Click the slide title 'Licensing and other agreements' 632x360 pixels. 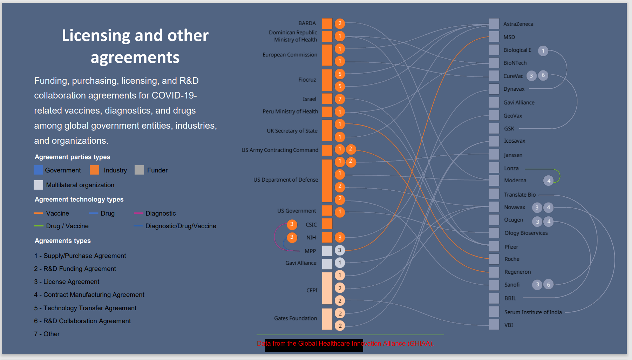(x=135, y=46)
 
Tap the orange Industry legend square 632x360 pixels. (x=94, y=170)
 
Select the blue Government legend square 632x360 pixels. (x=38, y=170)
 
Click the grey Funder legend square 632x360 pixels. (x=139, y=170)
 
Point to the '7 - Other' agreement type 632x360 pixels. (x=47, y=334)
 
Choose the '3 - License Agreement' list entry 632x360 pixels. (x=67, y=282)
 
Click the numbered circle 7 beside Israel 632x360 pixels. (x=340, y=99)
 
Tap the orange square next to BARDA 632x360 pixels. (x=327, y=23)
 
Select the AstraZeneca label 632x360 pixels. (x=518, y=24)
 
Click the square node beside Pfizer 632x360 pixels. (x=494, y=246)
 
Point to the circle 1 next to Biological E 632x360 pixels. (x=543, y=51)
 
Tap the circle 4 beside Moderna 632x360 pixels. (x=549, y=181)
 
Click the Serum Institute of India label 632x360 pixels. (x=533, y=312)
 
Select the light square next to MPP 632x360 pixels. (x=327, y=251)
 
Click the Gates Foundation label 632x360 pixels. (x=295, y=318)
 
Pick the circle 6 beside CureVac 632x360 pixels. (x=543, y=75)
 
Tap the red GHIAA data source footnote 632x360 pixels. (x=345, y=344)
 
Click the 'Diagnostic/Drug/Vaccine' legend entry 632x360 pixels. (x=181, y=226)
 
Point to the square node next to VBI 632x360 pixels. (x=494, y=325)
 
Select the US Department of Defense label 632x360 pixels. (x=286, y=180)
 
